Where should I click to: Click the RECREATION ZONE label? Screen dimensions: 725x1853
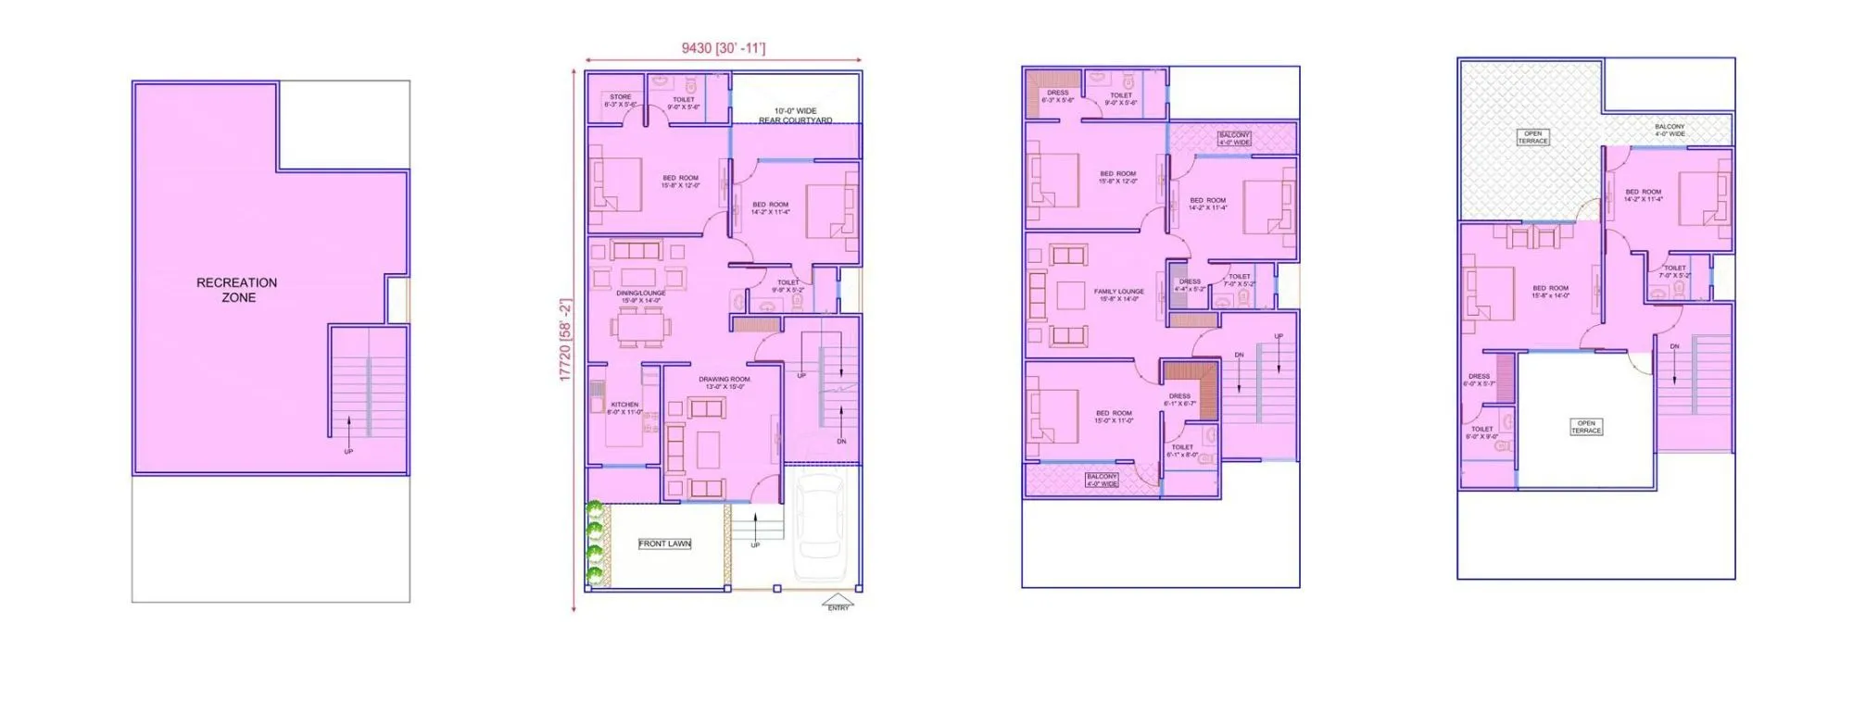236,290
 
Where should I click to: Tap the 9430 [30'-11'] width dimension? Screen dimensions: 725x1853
724,48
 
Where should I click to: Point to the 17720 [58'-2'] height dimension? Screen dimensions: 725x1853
566,340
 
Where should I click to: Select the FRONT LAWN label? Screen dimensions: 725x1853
664,544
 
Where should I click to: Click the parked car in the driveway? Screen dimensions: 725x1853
819,525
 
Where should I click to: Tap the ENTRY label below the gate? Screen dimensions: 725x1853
838,607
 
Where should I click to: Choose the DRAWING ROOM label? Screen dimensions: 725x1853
725,382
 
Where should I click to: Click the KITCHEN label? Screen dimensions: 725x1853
624,407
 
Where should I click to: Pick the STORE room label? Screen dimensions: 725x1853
620,100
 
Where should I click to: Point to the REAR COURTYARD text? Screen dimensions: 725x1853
795,120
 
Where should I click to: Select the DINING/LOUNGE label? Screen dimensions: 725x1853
640,296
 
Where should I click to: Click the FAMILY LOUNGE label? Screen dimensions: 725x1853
1118,294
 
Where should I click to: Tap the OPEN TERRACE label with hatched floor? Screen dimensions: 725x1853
1532,137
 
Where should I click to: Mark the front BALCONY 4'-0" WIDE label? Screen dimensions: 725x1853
1102,480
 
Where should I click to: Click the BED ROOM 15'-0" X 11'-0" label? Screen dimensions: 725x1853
1114,417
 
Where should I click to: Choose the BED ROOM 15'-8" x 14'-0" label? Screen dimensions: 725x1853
1551,292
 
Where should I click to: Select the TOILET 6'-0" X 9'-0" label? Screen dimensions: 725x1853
1481,432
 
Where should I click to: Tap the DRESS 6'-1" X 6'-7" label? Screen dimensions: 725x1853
1179,399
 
